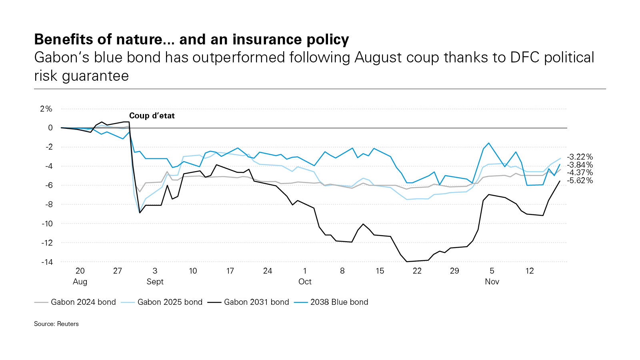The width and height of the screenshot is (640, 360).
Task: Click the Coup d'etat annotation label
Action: [x=152, y=116]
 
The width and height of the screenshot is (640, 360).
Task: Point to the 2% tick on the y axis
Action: [x=46, y=109]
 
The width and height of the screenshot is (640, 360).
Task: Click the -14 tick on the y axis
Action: [x=47, y=262]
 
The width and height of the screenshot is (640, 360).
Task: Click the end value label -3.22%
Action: [x=580, y=157]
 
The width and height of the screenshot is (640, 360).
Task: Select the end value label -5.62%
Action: [x=580, y=180]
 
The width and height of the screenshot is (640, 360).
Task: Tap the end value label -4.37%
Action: [x=580, y=172]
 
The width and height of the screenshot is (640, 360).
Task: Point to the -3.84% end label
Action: [x=580, y=165]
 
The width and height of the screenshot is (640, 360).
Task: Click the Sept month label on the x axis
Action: [x=155, y=282]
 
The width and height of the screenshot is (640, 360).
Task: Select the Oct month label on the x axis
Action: [x=305, y=282]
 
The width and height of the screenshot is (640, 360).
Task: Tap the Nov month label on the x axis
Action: [x=492, y=282]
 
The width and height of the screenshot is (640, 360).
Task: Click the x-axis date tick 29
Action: [x=454, y=271]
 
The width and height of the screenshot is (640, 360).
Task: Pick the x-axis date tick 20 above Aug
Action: [x=80, y=271]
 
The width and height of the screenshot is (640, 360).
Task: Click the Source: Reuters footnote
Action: [x=56, y=324]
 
